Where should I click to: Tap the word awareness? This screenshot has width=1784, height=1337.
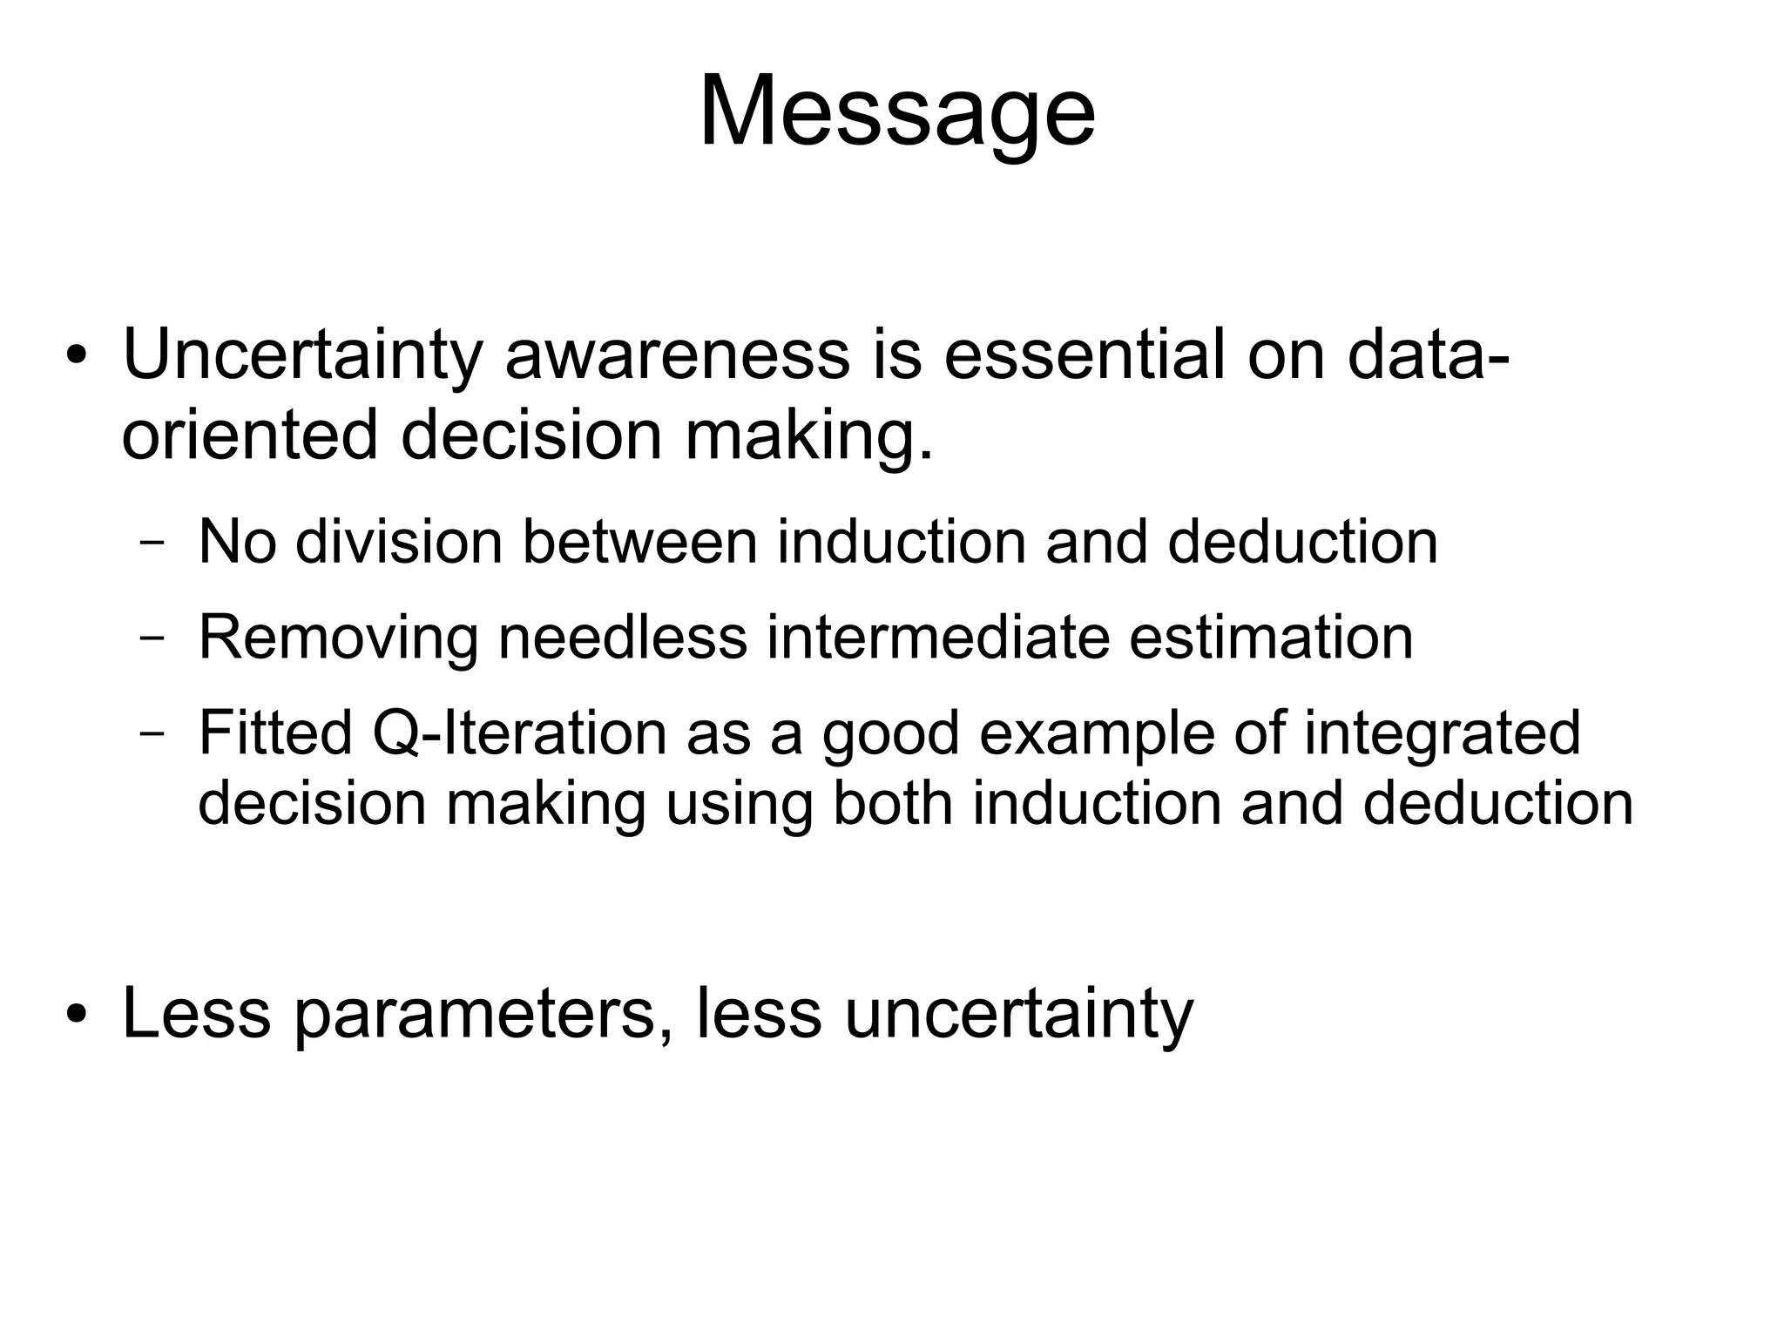click(677, 355)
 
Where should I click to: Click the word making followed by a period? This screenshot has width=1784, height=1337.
click(808, 435)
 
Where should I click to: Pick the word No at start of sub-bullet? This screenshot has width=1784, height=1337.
click(237, 542)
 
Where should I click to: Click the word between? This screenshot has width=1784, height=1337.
click(640, 542)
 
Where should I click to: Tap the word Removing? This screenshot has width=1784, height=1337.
click(338, 638)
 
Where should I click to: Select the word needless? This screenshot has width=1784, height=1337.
click(622, 638)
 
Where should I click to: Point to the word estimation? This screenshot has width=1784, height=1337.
click(1271, 638)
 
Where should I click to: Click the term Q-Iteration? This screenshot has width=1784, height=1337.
click(519, 733)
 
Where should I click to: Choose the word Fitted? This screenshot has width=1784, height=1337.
click(275, 733)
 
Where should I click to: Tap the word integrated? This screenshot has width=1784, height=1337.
click(1442, 733)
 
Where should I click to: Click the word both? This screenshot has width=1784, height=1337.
click(893, 803)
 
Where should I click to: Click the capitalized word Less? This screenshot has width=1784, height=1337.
click(196, 1014)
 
